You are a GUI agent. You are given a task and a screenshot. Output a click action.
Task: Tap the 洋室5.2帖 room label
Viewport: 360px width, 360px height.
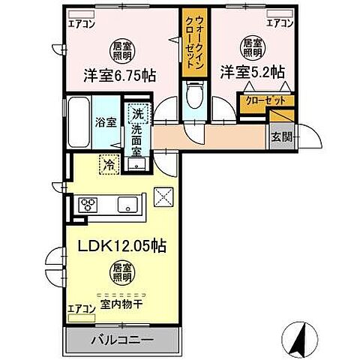251,73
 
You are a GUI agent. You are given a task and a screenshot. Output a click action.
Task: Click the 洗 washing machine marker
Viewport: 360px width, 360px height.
136,115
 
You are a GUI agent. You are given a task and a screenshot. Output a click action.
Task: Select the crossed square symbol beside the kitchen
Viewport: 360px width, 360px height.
163,196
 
